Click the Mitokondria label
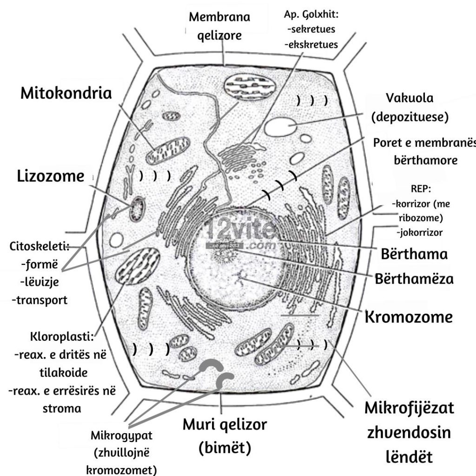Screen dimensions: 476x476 [x=66, y=93]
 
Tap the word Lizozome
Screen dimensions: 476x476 [x=51, y=176]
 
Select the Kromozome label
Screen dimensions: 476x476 [x=408, y=317]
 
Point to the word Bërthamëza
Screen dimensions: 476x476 [x=414, y=279]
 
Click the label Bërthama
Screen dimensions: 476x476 [x=414, y=254]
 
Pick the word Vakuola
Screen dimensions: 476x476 [x=410, y=98]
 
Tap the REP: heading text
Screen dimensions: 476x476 [x=421, y=189]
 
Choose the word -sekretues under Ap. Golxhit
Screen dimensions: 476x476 [x=311, y=29]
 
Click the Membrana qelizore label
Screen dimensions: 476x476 [x=219, y=17]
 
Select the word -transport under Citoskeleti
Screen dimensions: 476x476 [x=40, y=300]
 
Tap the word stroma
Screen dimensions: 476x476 [x=61, y=409]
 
